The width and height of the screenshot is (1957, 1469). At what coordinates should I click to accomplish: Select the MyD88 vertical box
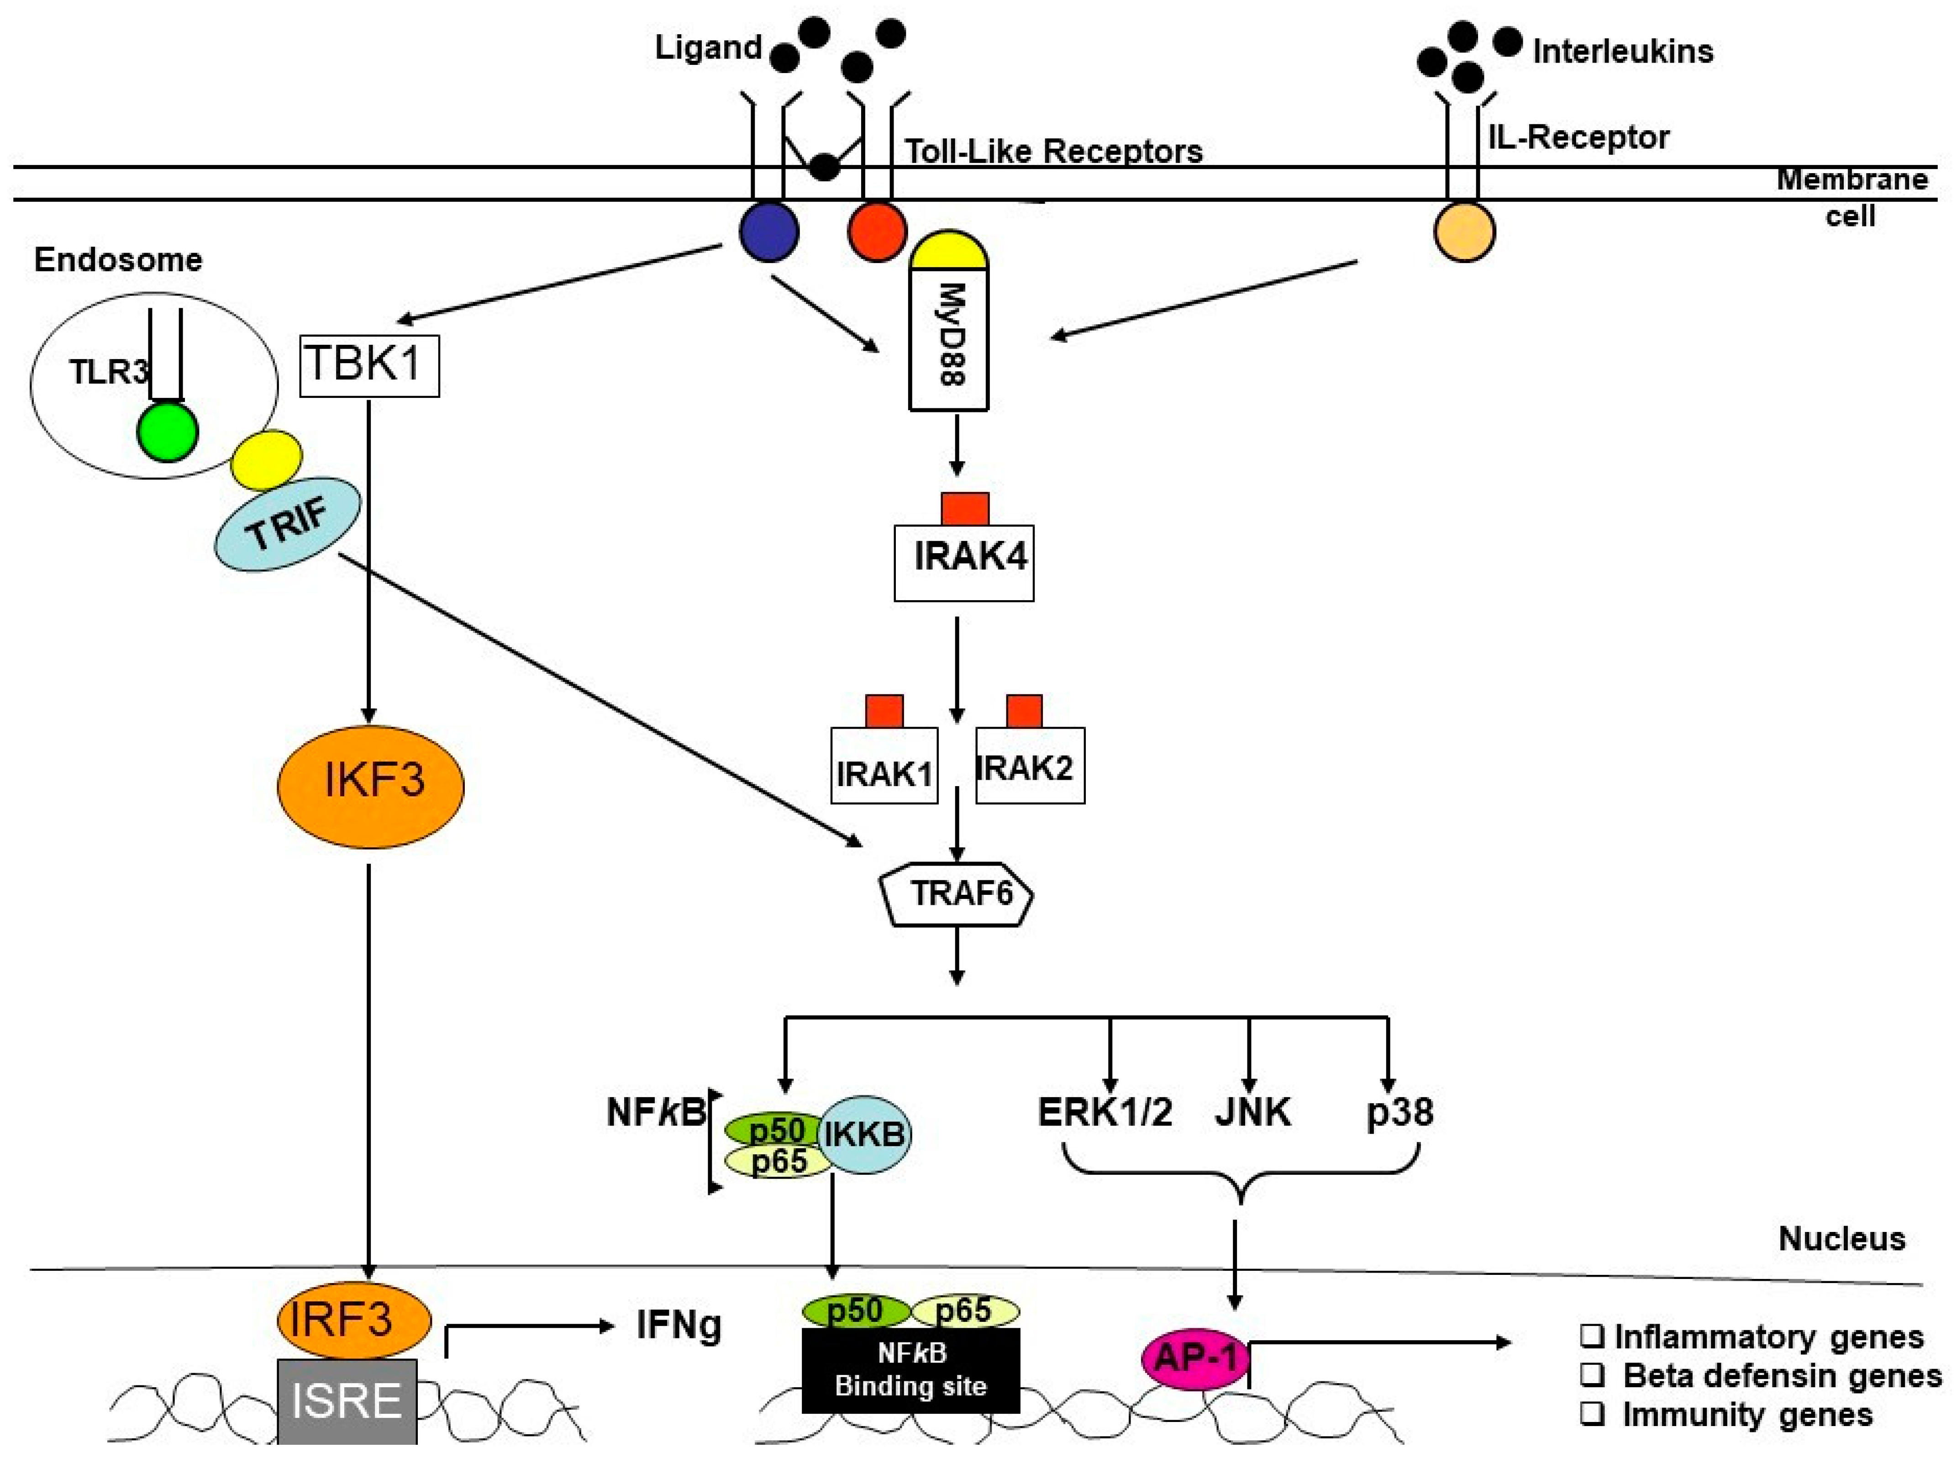tap(948, 341)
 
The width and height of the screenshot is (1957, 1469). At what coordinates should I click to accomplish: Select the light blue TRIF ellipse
tap(288, 524)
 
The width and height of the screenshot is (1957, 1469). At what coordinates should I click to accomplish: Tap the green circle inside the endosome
tap(167, 432)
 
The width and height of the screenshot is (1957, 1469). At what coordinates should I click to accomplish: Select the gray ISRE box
tap(347, 1402)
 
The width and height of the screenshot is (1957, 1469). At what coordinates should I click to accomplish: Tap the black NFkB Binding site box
tap(910, 1370)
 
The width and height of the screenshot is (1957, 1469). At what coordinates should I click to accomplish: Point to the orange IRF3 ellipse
tap(354, 1321)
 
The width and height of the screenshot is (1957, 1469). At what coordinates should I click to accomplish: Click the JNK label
tap(1252, 1112)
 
